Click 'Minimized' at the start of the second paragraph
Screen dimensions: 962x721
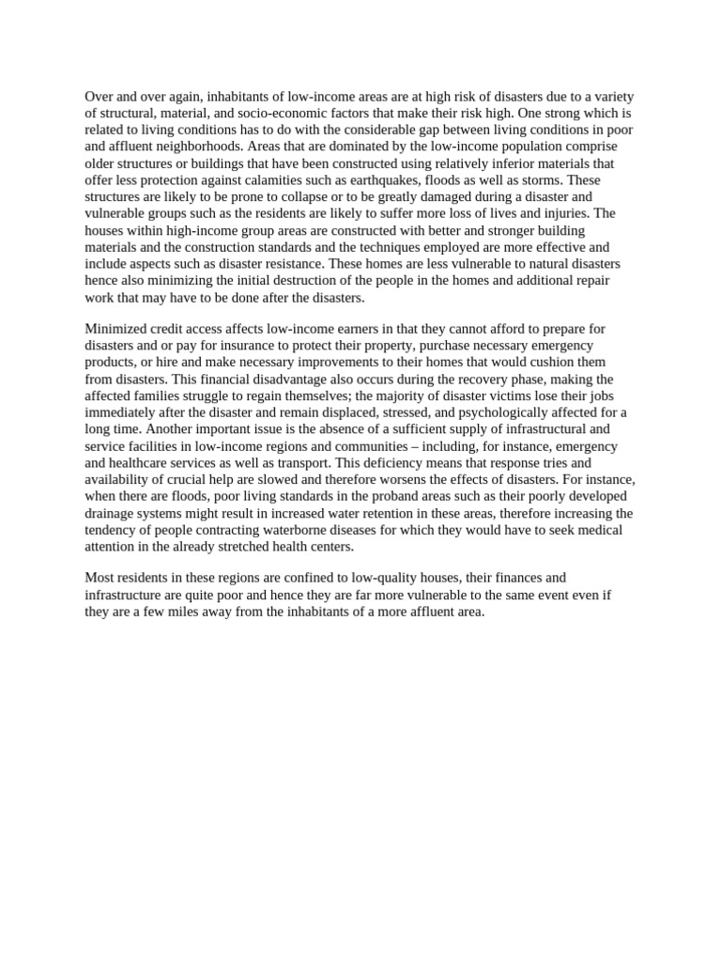117,329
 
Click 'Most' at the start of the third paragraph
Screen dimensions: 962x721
100,578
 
